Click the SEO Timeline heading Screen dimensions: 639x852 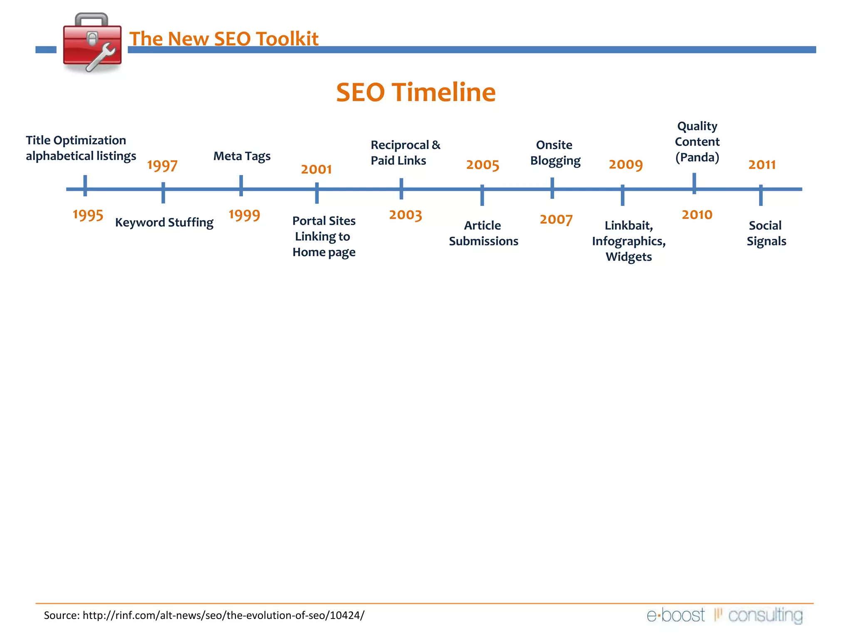click(416, 92)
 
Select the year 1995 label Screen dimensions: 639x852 click(88, 215)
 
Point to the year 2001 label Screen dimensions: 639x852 click(316, 169)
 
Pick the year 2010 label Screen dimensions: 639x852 click(697, 215)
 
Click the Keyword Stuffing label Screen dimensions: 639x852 click(164, 223)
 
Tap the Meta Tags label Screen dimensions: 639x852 click(242, 156)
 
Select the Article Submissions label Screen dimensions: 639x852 click(483, 233)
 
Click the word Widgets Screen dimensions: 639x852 click(629, 257)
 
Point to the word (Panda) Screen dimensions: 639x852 click(697, 157)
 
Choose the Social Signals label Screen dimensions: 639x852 click(766, 233)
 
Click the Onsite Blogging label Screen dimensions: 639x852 click(555, 153)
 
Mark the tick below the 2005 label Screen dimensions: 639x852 click(482, 195)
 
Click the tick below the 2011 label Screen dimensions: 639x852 click(760, 195)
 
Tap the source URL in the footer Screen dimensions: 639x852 click(223, 615)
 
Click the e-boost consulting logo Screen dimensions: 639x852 click(724, 615)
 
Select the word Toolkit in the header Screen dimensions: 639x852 click(287, 39)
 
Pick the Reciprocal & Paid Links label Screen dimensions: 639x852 click(405, 153)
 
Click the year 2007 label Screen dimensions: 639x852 click(556, 219)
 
